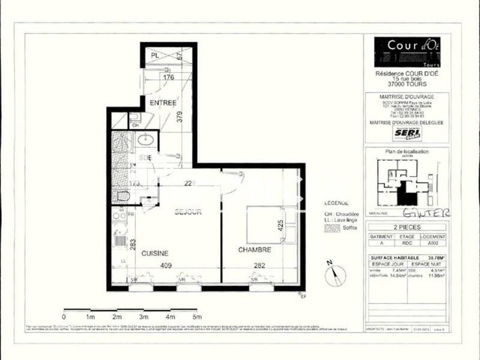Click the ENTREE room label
pyautogui.click(x=163, y=103)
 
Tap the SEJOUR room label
pyautogui.click(x=187, y=212)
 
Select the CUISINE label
pyautogui.click(x=154, y=253)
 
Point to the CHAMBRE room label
pyautogui.click(x=254, y=250)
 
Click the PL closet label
pyautogui.click(x=155, y=56)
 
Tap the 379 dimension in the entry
pyautogui.click(x=179, y=118)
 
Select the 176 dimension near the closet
pyautogui.click(x=168, y=77)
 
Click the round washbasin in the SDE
pyautogui.click(x=146, y=140)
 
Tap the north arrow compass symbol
pyautogui.click(x=335, y=275)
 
